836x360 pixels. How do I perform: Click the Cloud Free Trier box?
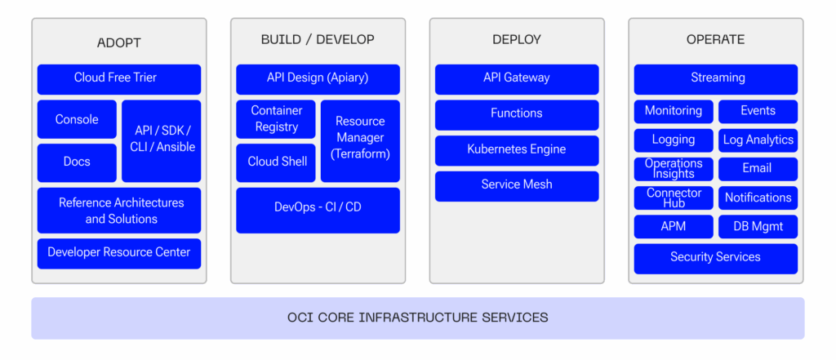(118, 78)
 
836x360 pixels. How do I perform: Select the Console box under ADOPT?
(77, 119)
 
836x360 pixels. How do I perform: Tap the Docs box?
(77, 162)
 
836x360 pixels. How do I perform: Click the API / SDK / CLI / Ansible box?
(162, 140)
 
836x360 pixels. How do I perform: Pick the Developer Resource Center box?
(118, 252)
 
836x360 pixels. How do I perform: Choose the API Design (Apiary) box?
(318, 78)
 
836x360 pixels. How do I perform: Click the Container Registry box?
(276, 119)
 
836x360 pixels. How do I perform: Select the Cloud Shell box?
(276, 162)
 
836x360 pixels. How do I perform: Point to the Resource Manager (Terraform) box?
(360, 140)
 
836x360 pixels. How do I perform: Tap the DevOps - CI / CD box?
(318, 208)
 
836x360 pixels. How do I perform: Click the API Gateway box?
(516, 78)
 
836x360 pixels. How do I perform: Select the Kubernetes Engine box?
(516, 149)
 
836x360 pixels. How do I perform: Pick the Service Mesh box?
(516, 185)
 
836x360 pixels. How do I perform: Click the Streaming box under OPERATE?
(715, 78)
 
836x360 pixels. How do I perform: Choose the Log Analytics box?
(758, 140)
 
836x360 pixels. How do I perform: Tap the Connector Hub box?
(674, 198)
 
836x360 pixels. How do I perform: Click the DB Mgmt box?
(758, 227)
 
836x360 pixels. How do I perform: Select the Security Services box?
(715, 257)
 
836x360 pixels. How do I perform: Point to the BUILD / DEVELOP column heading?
(318, 39)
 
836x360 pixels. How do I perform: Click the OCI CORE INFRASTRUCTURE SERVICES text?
(417, 318)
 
